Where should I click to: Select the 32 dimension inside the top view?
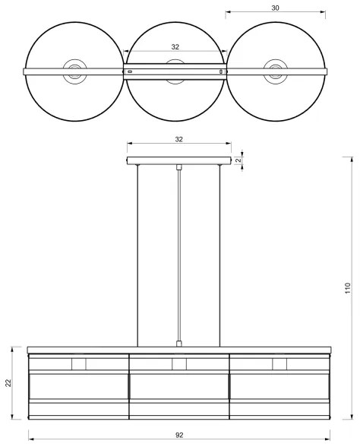[x=175, y=46]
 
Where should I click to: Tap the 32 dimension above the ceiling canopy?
[x=178, y=140]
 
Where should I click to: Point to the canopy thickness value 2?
[x=238, y=160]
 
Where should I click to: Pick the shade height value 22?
[x=8, y=383]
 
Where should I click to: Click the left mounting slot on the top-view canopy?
[x=131, y=71]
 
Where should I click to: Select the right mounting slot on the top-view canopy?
[x=221, y=71]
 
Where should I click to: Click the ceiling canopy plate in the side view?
[x=178, y=160]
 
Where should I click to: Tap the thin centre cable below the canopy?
[x=178, y=251]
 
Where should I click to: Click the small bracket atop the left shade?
[x=79, y=364]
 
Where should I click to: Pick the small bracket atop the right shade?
[x=279, y=364]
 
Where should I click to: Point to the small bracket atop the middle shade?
[x=179, y=364]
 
